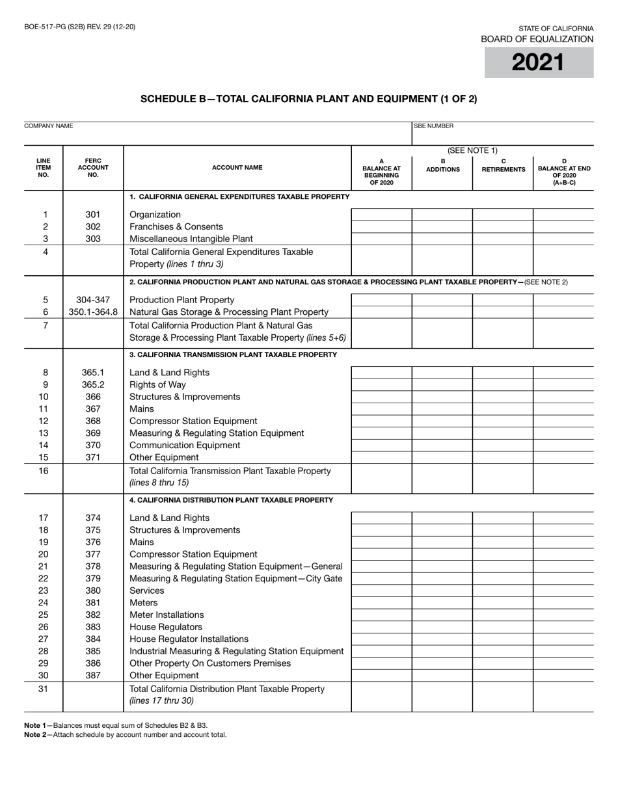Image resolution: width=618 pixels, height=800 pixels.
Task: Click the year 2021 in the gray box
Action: pos(538,62)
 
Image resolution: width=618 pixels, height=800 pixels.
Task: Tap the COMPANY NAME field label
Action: pos(49,126)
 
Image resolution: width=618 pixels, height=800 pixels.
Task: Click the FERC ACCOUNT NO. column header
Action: pos(93,167)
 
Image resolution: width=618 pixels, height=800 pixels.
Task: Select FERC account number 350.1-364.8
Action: pos(93,312)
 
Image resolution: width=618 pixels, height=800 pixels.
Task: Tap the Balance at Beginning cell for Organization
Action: pos(381,215)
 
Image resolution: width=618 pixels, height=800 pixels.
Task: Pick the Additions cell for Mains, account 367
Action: pos(442,409)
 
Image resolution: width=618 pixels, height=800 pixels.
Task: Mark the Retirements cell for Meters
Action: pos(502,603)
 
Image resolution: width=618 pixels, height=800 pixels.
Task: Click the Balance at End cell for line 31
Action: pos(563,696)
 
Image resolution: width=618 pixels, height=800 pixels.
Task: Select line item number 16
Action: pos(44,470)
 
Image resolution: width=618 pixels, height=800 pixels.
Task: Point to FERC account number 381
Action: pos(93,603)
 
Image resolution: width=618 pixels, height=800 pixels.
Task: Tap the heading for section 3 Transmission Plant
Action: pos(233,354)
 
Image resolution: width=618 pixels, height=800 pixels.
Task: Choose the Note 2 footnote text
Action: pos(126,734)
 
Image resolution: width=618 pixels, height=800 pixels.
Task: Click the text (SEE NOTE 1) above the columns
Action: pos(473,151)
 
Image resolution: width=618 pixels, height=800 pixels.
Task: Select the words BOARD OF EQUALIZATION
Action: pos(537,39)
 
